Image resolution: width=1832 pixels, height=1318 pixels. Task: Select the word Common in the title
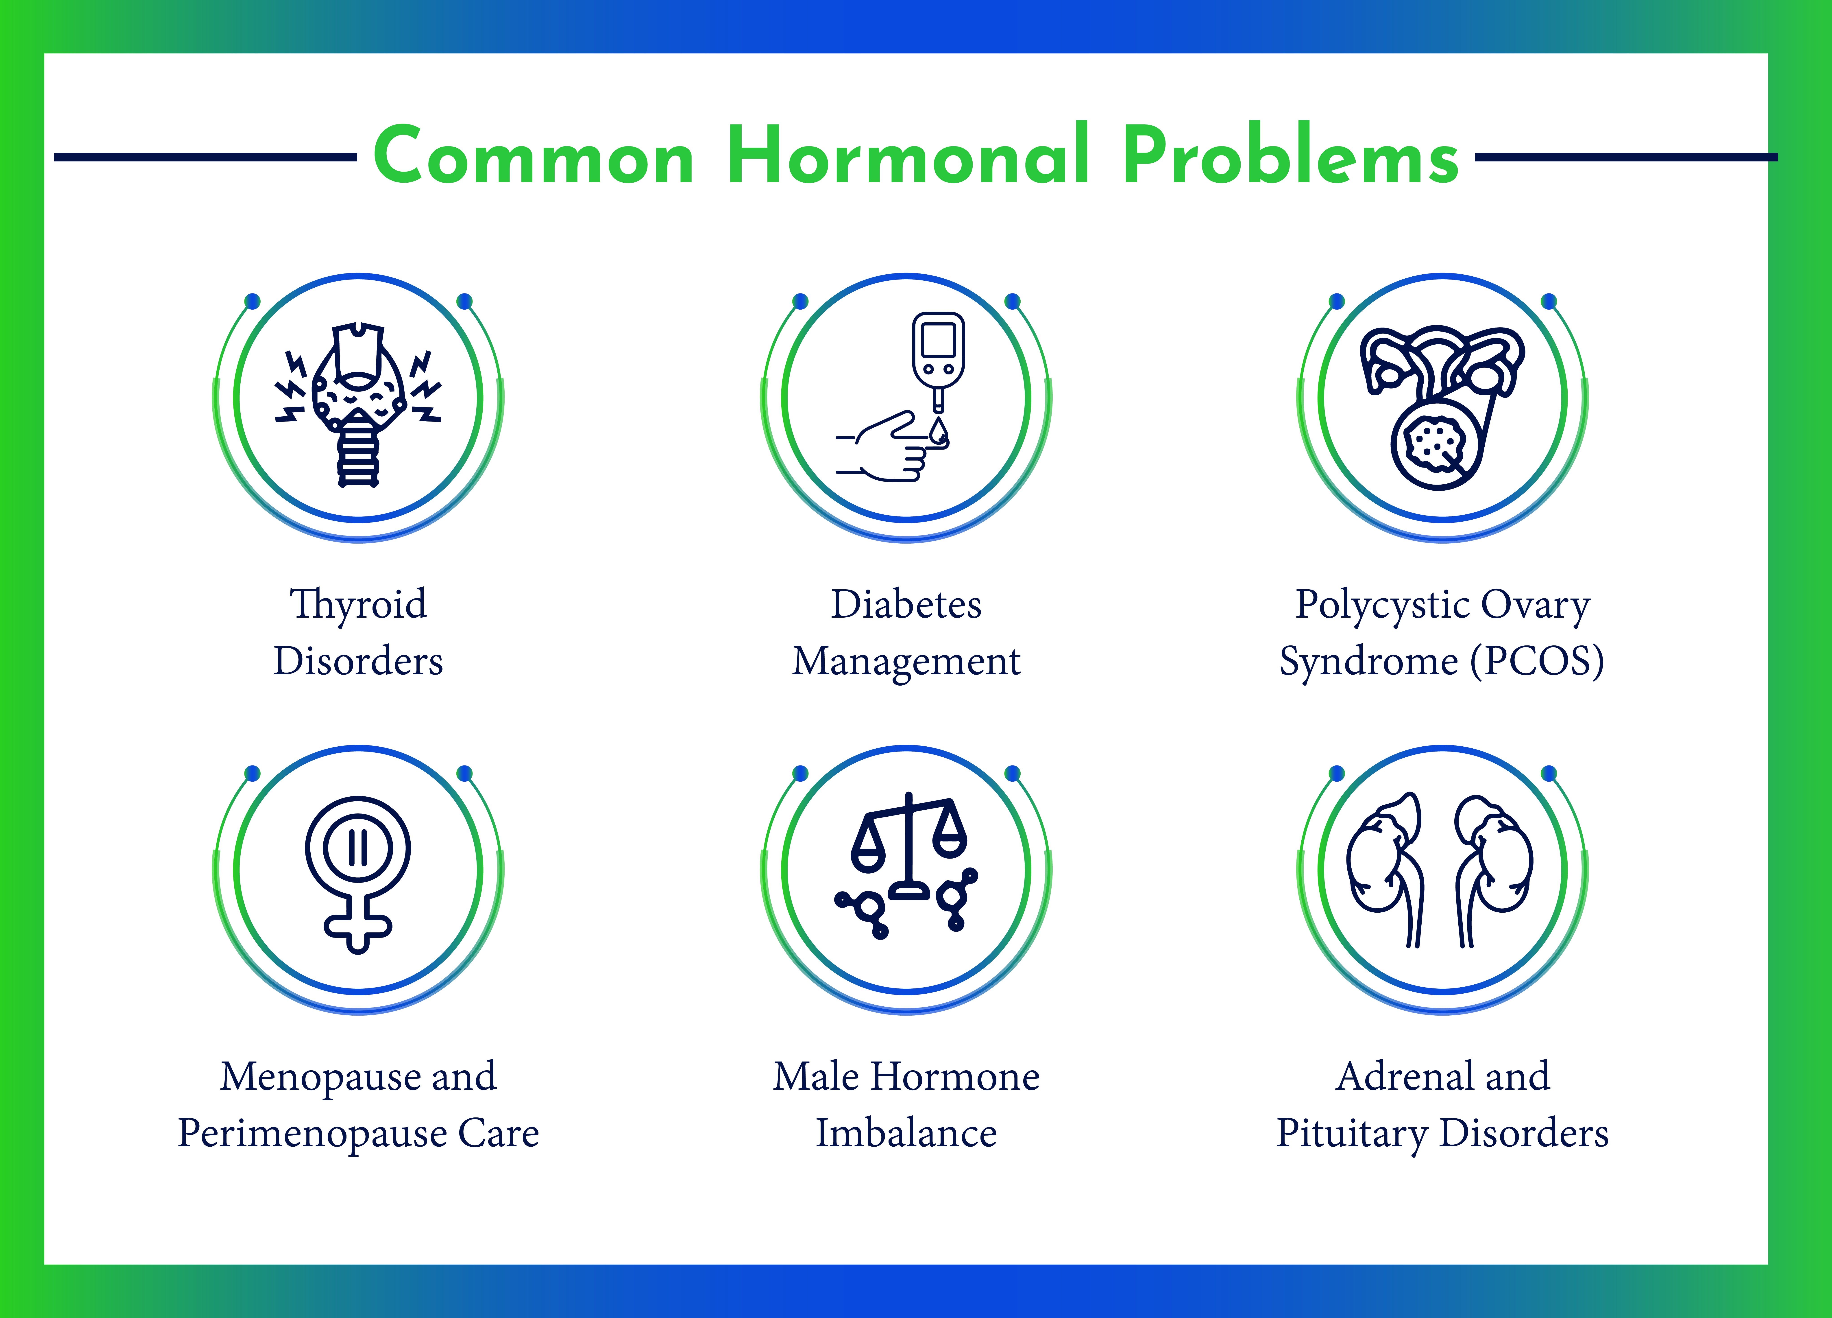click(534, 156)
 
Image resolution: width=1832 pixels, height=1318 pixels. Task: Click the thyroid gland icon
click(359, 404)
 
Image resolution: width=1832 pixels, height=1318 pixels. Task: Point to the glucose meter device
click(938, 360)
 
